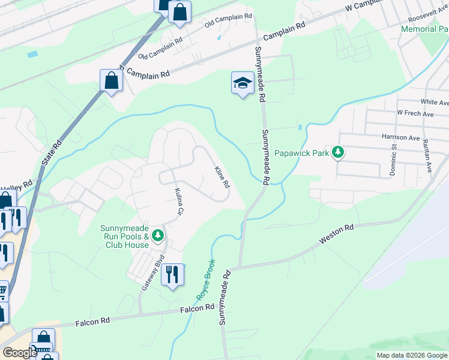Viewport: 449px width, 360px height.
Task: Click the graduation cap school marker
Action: pos(242,83)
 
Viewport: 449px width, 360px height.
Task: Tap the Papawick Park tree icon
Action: pos(339,152)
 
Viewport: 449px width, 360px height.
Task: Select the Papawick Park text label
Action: pos(302,153)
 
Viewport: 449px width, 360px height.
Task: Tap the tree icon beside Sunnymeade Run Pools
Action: pos(158,235)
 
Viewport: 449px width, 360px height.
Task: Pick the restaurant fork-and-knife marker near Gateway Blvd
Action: pos(173,274)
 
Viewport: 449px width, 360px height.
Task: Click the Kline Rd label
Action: pos(222,176)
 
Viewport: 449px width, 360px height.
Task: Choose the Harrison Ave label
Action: pos(400,137)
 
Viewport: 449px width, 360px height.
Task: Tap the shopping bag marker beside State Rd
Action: pos(112,80)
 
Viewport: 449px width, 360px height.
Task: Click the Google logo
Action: pos(20,353)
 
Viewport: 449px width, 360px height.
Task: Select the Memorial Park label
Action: pos(424,29)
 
